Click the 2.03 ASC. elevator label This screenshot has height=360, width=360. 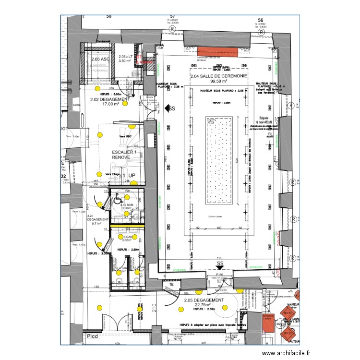(x=100, y=60)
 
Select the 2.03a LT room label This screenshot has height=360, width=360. (x=125, y=57)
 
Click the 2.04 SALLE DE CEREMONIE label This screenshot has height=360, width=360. (x=219, y=77)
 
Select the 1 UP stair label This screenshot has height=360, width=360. (x=128, y=176)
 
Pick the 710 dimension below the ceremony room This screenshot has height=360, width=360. (x=218, y=258)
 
